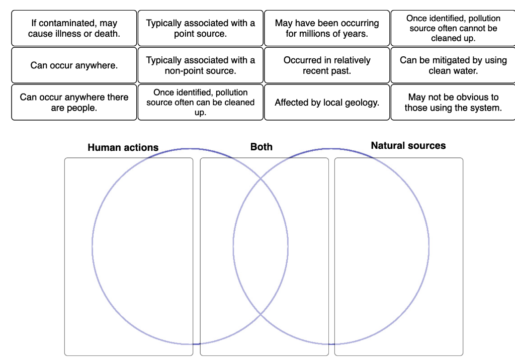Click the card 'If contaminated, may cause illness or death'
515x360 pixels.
click(74, 29)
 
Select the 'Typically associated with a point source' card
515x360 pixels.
click(200, 29)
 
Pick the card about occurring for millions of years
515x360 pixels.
click(327, 29)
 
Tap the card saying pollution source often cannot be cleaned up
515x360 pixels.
click(453, 29)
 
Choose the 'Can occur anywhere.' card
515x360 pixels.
click(74, 65)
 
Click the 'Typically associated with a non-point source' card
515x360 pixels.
click(200, 65)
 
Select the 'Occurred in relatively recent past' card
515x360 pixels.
click(327, 65)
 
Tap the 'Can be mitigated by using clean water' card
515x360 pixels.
click(453, 65)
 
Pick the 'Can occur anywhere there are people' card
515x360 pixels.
click(74, 103)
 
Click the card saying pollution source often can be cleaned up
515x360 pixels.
click(200, 103)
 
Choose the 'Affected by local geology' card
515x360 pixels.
click(327, 103)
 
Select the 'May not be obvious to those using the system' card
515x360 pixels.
click(453, 103)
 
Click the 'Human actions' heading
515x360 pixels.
click(123, 147)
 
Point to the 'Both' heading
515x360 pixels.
click(262, 147)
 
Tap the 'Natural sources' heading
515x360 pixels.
click(408, 146)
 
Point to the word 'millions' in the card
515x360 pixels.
click(317, 34)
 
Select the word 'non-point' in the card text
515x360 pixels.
click(183, 71)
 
